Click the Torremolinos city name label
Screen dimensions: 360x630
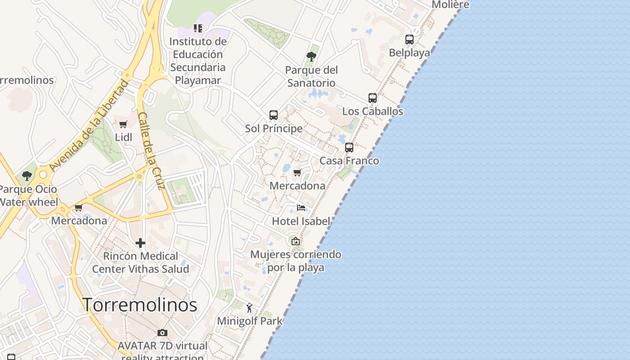click(x=140, y=305)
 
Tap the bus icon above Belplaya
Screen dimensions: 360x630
click(x=409, y=40)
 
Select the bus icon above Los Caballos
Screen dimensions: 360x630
click(x=373, y=98)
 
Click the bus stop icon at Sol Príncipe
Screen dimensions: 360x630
click(x=274, y=115)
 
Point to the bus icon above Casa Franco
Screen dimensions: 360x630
click(x=349, y=148)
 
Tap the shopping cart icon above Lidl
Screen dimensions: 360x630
click(x=123, y=124)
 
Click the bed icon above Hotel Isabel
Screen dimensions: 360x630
click(x=301, y=208)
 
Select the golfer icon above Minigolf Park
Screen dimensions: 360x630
click(x=249, y=308)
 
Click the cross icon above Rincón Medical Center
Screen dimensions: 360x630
click(x=140, y=243)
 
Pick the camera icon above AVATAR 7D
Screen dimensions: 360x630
click(x=162, y=333)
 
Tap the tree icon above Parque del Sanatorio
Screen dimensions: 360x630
click(x=311, y=57)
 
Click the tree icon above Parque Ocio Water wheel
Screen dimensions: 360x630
click(x=27, y=176)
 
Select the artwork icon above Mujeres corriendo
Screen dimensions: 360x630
click(x=295, y=241)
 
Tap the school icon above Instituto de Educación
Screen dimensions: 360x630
click(x=198, y=28)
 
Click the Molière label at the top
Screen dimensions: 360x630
click(x=450, y=4)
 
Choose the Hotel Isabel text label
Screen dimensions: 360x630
click(x=301, y=221)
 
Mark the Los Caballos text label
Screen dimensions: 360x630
click(x=373, y=111)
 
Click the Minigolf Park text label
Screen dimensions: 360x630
click(x=250, y=321)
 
